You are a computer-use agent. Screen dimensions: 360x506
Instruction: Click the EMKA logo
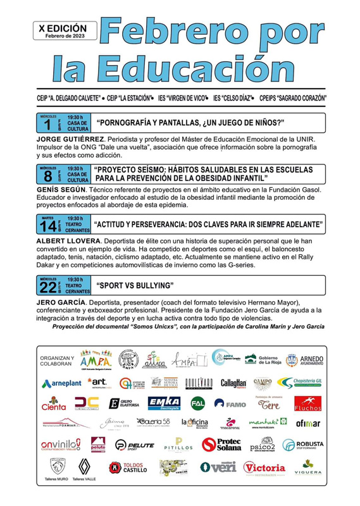164,403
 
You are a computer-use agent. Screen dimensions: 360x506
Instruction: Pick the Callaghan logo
233,383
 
